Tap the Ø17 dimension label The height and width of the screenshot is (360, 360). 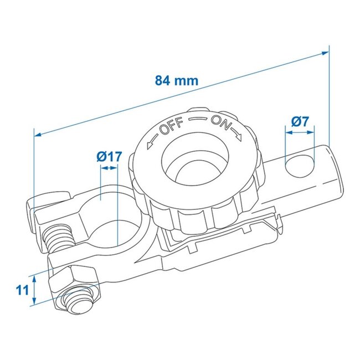108,157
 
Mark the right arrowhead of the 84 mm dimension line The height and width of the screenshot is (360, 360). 326,52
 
